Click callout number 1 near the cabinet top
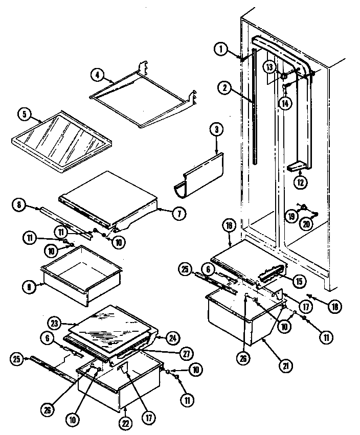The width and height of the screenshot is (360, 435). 220,49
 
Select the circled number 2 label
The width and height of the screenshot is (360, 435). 223,87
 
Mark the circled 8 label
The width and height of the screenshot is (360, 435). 19,205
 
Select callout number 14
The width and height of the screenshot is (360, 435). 284,103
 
